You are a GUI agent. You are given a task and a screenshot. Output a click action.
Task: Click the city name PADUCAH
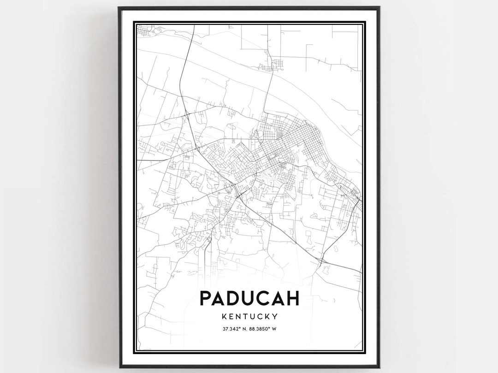249,298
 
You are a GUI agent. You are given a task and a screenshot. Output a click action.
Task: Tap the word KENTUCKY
249,317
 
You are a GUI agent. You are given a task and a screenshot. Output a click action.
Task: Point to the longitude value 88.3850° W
266,329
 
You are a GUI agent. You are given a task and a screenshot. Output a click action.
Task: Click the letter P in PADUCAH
206,298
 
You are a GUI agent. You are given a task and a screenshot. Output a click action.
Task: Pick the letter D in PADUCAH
236,298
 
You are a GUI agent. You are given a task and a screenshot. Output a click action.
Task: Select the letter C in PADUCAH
264,298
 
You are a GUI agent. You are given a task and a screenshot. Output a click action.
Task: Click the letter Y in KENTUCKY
274,317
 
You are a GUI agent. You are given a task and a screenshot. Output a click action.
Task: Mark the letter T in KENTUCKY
244,317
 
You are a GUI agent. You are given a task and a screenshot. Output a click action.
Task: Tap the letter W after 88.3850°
280,329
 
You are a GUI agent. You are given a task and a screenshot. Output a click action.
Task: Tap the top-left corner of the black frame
119,8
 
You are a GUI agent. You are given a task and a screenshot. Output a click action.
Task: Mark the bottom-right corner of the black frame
379,367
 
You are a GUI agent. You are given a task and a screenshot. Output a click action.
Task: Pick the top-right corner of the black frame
379,8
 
